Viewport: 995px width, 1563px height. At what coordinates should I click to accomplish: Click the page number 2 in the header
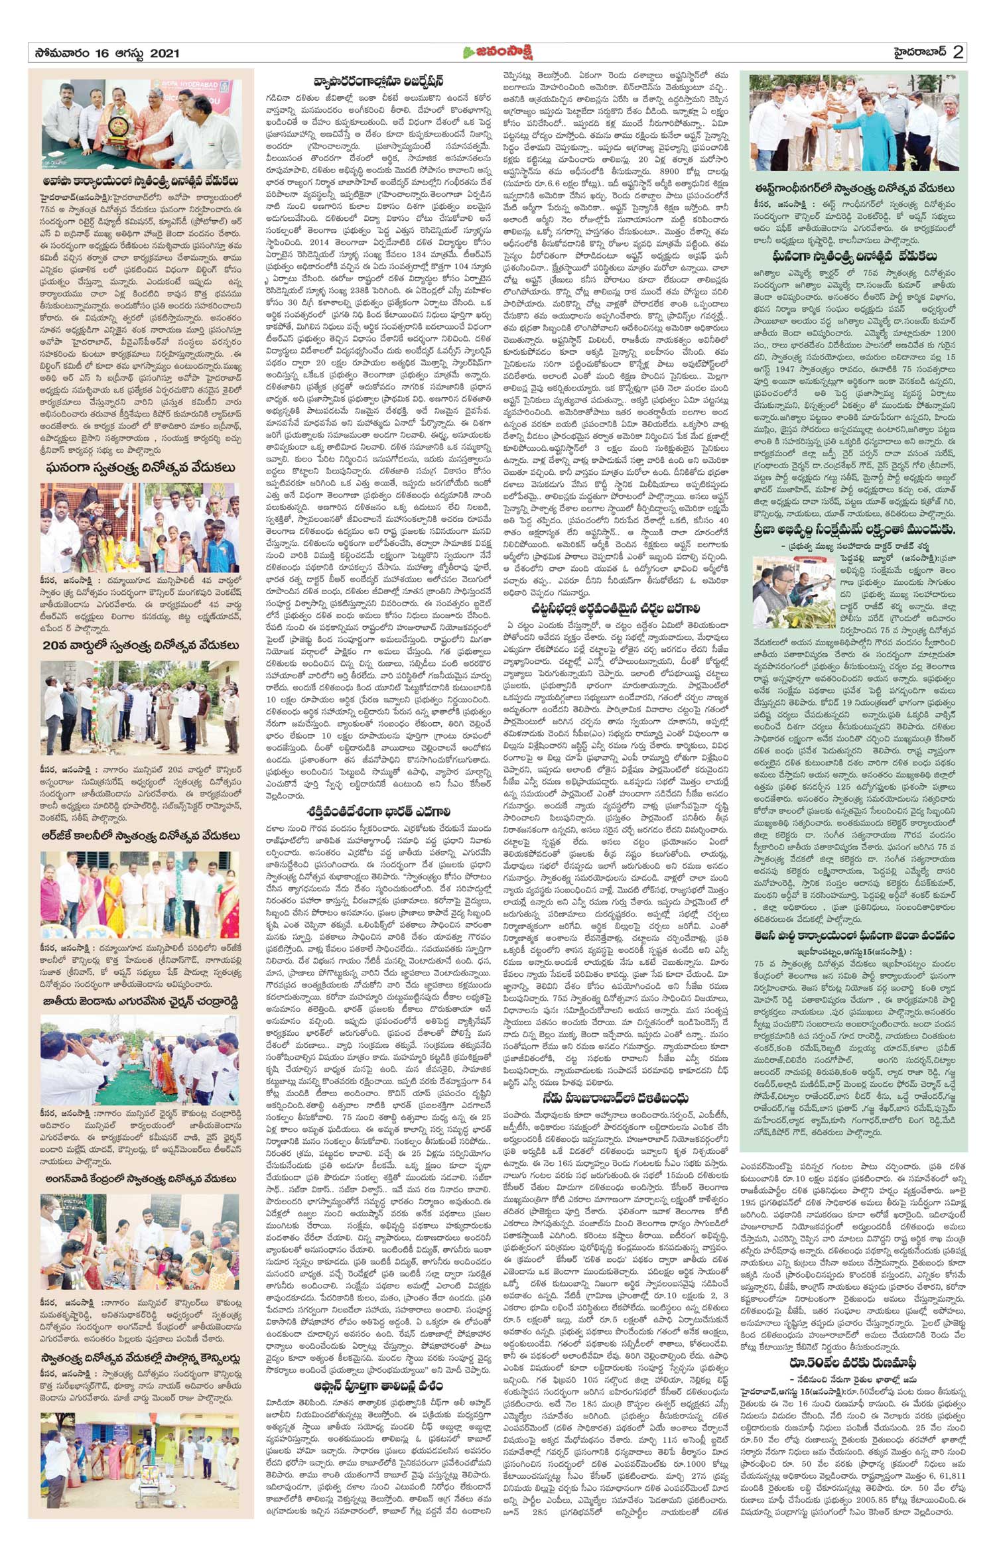[958, 52]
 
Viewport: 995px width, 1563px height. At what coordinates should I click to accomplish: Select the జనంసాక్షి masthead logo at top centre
[497, 52]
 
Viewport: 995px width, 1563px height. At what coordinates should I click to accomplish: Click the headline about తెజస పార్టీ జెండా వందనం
[854, 936]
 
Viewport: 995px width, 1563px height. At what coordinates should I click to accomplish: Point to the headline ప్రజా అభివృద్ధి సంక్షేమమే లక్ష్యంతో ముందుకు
[854, 530]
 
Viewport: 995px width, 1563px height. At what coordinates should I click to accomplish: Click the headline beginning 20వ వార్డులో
[141, 645]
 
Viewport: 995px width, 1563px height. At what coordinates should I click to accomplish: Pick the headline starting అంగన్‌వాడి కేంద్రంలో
[141, 1178]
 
